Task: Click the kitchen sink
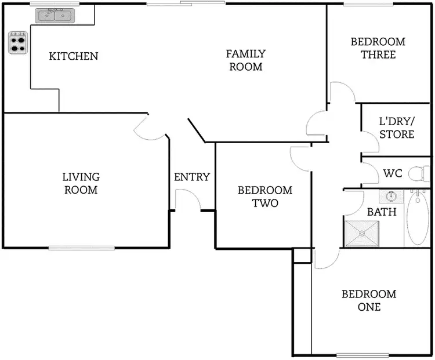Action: pyautogui.click(x=55, y=16)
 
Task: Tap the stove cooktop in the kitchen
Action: pyautogui.click(x=18, y=42)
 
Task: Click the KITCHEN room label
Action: pyautogui.click(x=73, y=56)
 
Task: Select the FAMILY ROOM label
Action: pyautogui.click(x=245, y=60)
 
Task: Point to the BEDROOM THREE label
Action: pyautogui.click(x=378, y=48)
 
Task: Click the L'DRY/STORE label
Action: pyautogui.click(x=397, y=128)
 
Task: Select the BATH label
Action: pyautogui.click(x=382, y=212)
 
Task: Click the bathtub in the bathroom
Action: pyautogui.click(x=418, y=219)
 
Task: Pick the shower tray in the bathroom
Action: pyautogui.click(x=361, y=233)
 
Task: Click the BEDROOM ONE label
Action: pyautogui.click(x=369, y=300)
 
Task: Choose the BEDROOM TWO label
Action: pyautogui.click(x=265, y=197)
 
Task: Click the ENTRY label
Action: pyautogui.click(x=191, y=177)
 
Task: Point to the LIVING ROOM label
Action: pyautogui.click(x=81, y=183)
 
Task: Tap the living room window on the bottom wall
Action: pyautogui.click(x=81, y=248)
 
